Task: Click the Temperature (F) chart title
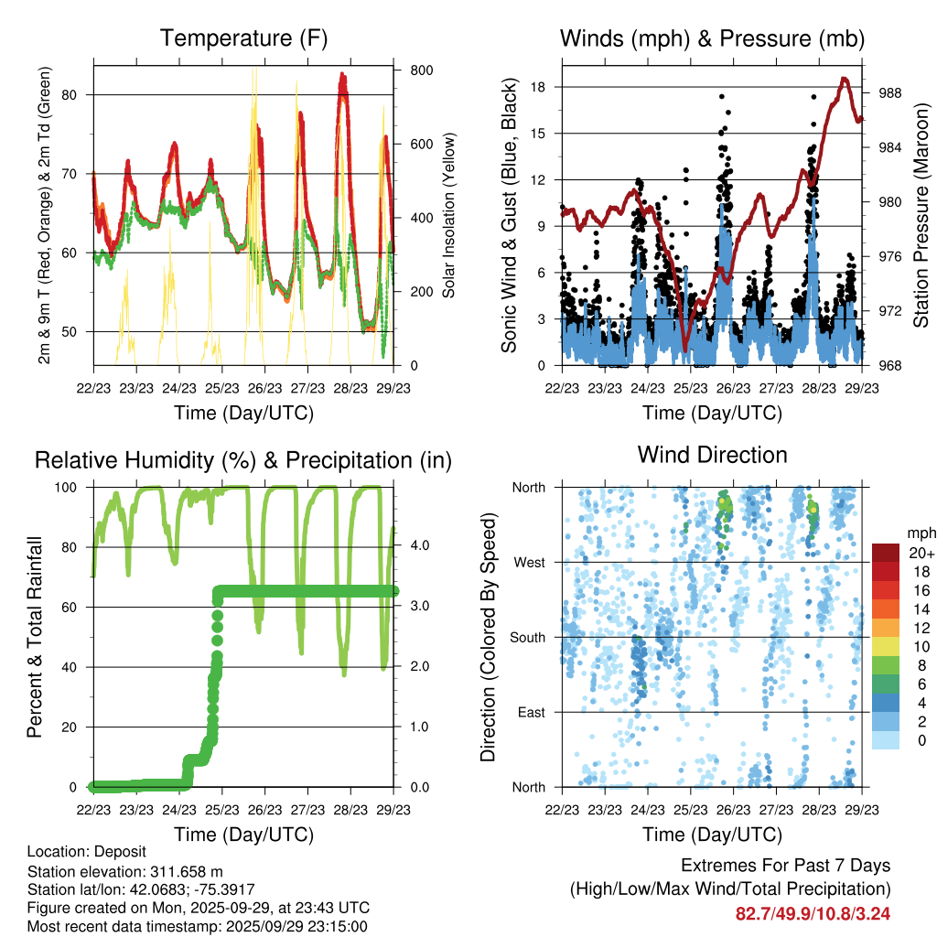[243, 38]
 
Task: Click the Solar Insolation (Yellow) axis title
[449, 216]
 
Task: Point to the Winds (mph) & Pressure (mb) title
[712, 38]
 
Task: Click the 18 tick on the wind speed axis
[539, 87]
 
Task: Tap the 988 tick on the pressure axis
[884, 92]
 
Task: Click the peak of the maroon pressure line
[845, 79]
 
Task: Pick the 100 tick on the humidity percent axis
[74, 488]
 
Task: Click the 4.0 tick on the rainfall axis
[422, 547]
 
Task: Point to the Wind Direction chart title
[712, 455]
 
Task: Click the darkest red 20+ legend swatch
[885, 553]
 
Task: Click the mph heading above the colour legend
[921, 533]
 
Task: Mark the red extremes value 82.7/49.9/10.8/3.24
[813, 913]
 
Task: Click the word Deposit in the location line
[118, 852]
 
